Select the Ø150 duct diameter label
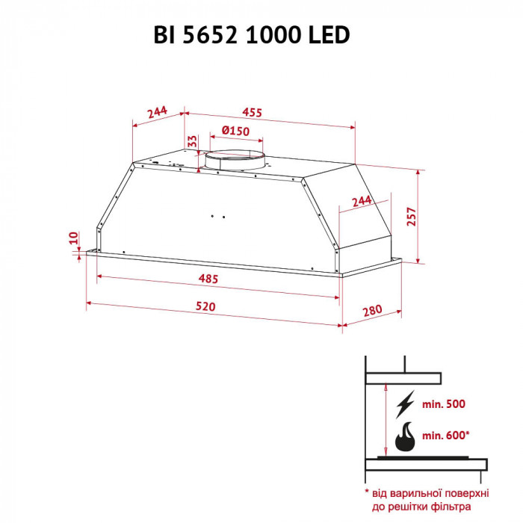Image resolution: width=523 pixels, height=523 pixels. pyautogui.click(x=235, y=131)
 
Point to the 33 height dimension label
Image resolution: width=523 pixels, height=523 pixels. pyautogui.click(x=192, y=141)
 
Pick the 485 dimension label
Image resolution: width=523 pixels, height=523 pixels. pyautogui.click(x=208, y=279)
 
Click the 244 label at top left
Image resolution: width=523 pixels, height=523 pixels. pyautogui.click(x=156, y=113)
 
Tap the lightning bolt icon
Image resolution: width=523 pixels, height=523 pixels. pyautogui.click(x=404, y=403)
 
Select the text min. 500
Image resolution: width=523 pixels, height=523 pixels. pyautogui.click(x=444, y=404)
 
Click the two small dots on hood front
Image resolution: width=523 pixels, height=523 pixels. pyautogui.click(x=217, y=217)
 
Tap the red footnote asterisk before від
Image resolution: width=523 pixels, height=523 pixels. pyautogui.click(x=368, y=494)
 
